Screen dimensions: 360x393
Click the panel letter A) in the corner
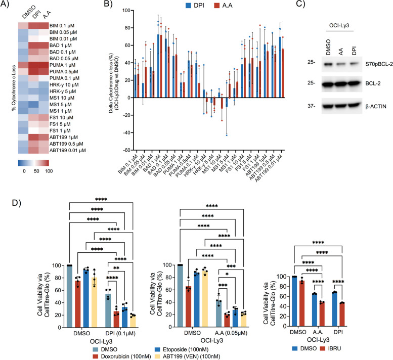tap(7, 7)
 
